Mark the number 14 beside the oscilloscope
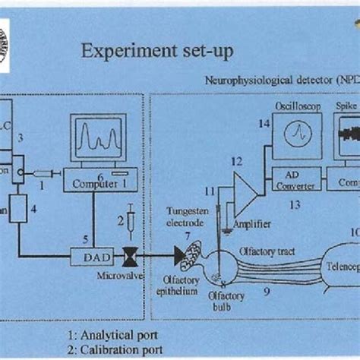click(x=264, y=124)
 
